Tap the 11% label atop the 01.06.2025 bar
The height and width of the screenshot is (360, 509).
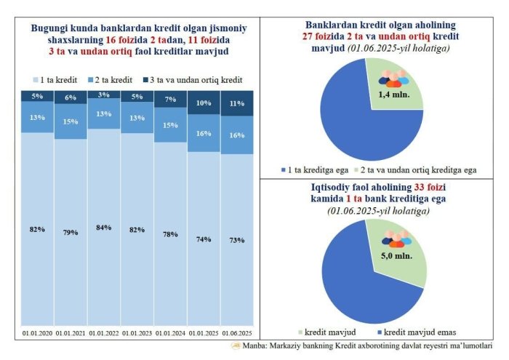click(236, 103)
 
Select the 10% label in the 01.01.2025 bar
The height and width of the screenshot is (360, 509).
click(204, 103)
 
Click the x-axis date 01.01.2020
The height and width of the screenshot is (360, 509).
click(36, 333)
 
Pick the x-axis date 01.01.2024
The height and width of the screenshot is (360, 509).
click(169, 333)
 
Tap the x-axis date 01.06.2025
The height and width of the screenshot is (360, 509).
click(236, 333)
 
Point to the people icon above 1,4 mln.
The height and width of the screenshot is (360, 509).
click(393, 79)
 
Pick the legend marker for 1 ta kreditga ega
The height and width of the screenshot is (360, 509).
click(283, 169)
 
